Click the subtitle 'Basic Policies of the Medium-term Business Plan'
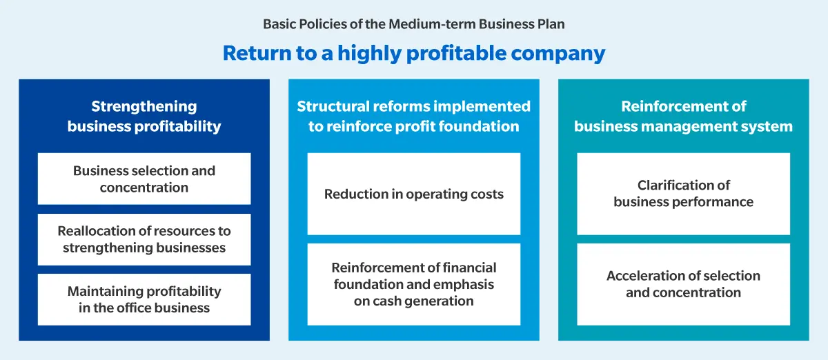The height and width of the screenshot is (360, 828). point(413,24)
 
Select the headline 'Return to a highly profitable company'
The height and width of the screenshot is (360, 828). point(413,53)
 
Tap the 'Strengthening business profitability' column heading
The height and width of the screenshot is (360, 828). point(144,116)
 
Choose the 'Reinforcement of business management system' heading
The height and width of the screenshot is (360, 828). point(683,116)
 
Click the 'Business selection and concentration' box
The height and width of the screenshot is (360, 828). point(144,179)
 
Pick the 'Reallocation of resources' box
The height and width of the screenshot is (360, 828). point(144,239)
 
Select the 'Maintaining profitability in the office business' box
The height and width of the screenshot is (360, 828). point(144,299)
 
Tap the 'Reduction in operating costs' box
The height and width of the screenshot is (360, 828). point(413,194)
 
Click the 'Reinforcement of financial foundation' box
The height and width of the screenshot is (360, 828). point(413,284)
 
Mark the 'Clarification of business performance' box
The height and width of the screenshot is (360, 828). point(683,194)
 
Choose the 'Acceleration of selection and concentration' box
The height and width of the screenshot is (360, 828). point(683,284)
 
